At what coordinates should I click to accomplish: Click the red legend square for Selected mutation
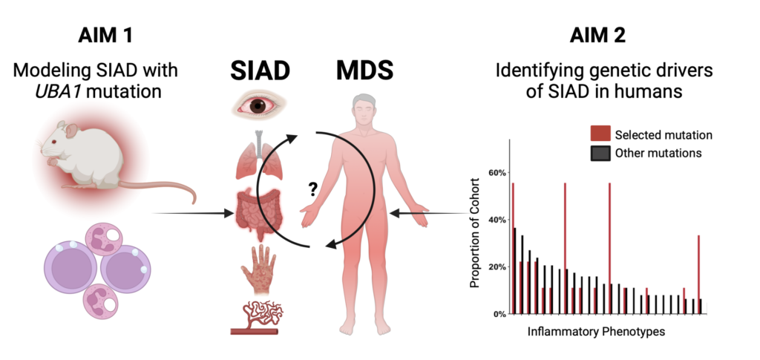(x=600, y=134)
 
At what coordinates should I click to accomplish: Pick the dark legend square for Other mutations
(x=600, y=153)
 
